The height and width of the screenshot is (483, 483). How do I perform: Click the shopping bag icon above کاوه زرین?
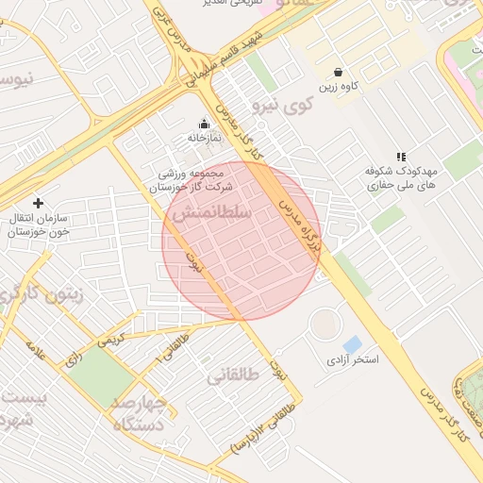[338, 73]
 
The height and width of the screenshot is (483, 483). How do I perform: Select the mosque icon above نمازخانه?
[204, 124]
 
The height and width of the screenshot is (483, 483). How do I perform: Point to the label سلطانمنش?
[211, 214]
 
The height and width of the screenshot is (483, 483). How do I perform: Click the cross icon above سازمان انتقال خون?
[38, 203]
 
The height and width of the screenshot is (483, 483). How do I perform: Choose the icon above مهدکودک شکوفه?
[401, 157]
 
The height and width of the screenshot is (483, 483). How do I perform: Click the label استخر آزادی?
[352, 359]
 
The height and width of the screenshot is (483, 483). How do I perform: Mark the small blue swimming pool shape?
[353, 344]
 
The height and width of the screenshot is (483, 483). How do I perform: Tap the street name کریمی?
[106, 337]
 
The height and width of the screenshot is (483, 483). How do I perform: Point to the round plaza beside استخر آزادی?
[325, 325]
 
